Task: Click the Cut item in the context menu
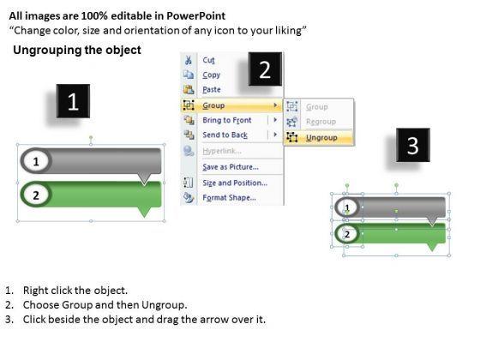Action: click(209, 60)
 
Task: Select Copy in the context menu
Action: click(211, 75)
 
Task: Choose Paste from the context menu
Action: click(212, 89)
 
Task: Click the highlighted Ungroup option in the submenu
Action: click(321, 138)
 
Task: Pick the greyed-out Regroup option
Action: click(321, 122)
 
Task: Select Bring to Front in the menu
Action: click(227, 120)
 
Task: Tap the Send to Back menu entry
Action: click(225, 135)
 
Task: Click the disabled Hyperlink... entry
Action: click(222, 151)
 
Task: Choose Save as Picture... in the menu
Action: click(231, 167)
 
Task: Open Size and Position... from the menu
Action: click(235, 183)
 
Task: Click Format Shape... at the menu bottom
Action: click(230, 197)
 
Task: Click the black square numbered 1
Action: click(73, 101)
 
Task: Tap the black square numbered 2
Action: click(265, 69)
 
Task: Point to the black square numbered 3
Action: click(413, 145)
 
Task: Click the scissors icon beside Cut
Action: click(189, 60)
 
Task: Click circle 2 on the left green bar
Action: click(36, 195)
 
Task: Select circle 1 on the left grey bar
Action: click(36, 161)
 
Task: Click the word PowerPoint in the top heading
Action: click(196, 16)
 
